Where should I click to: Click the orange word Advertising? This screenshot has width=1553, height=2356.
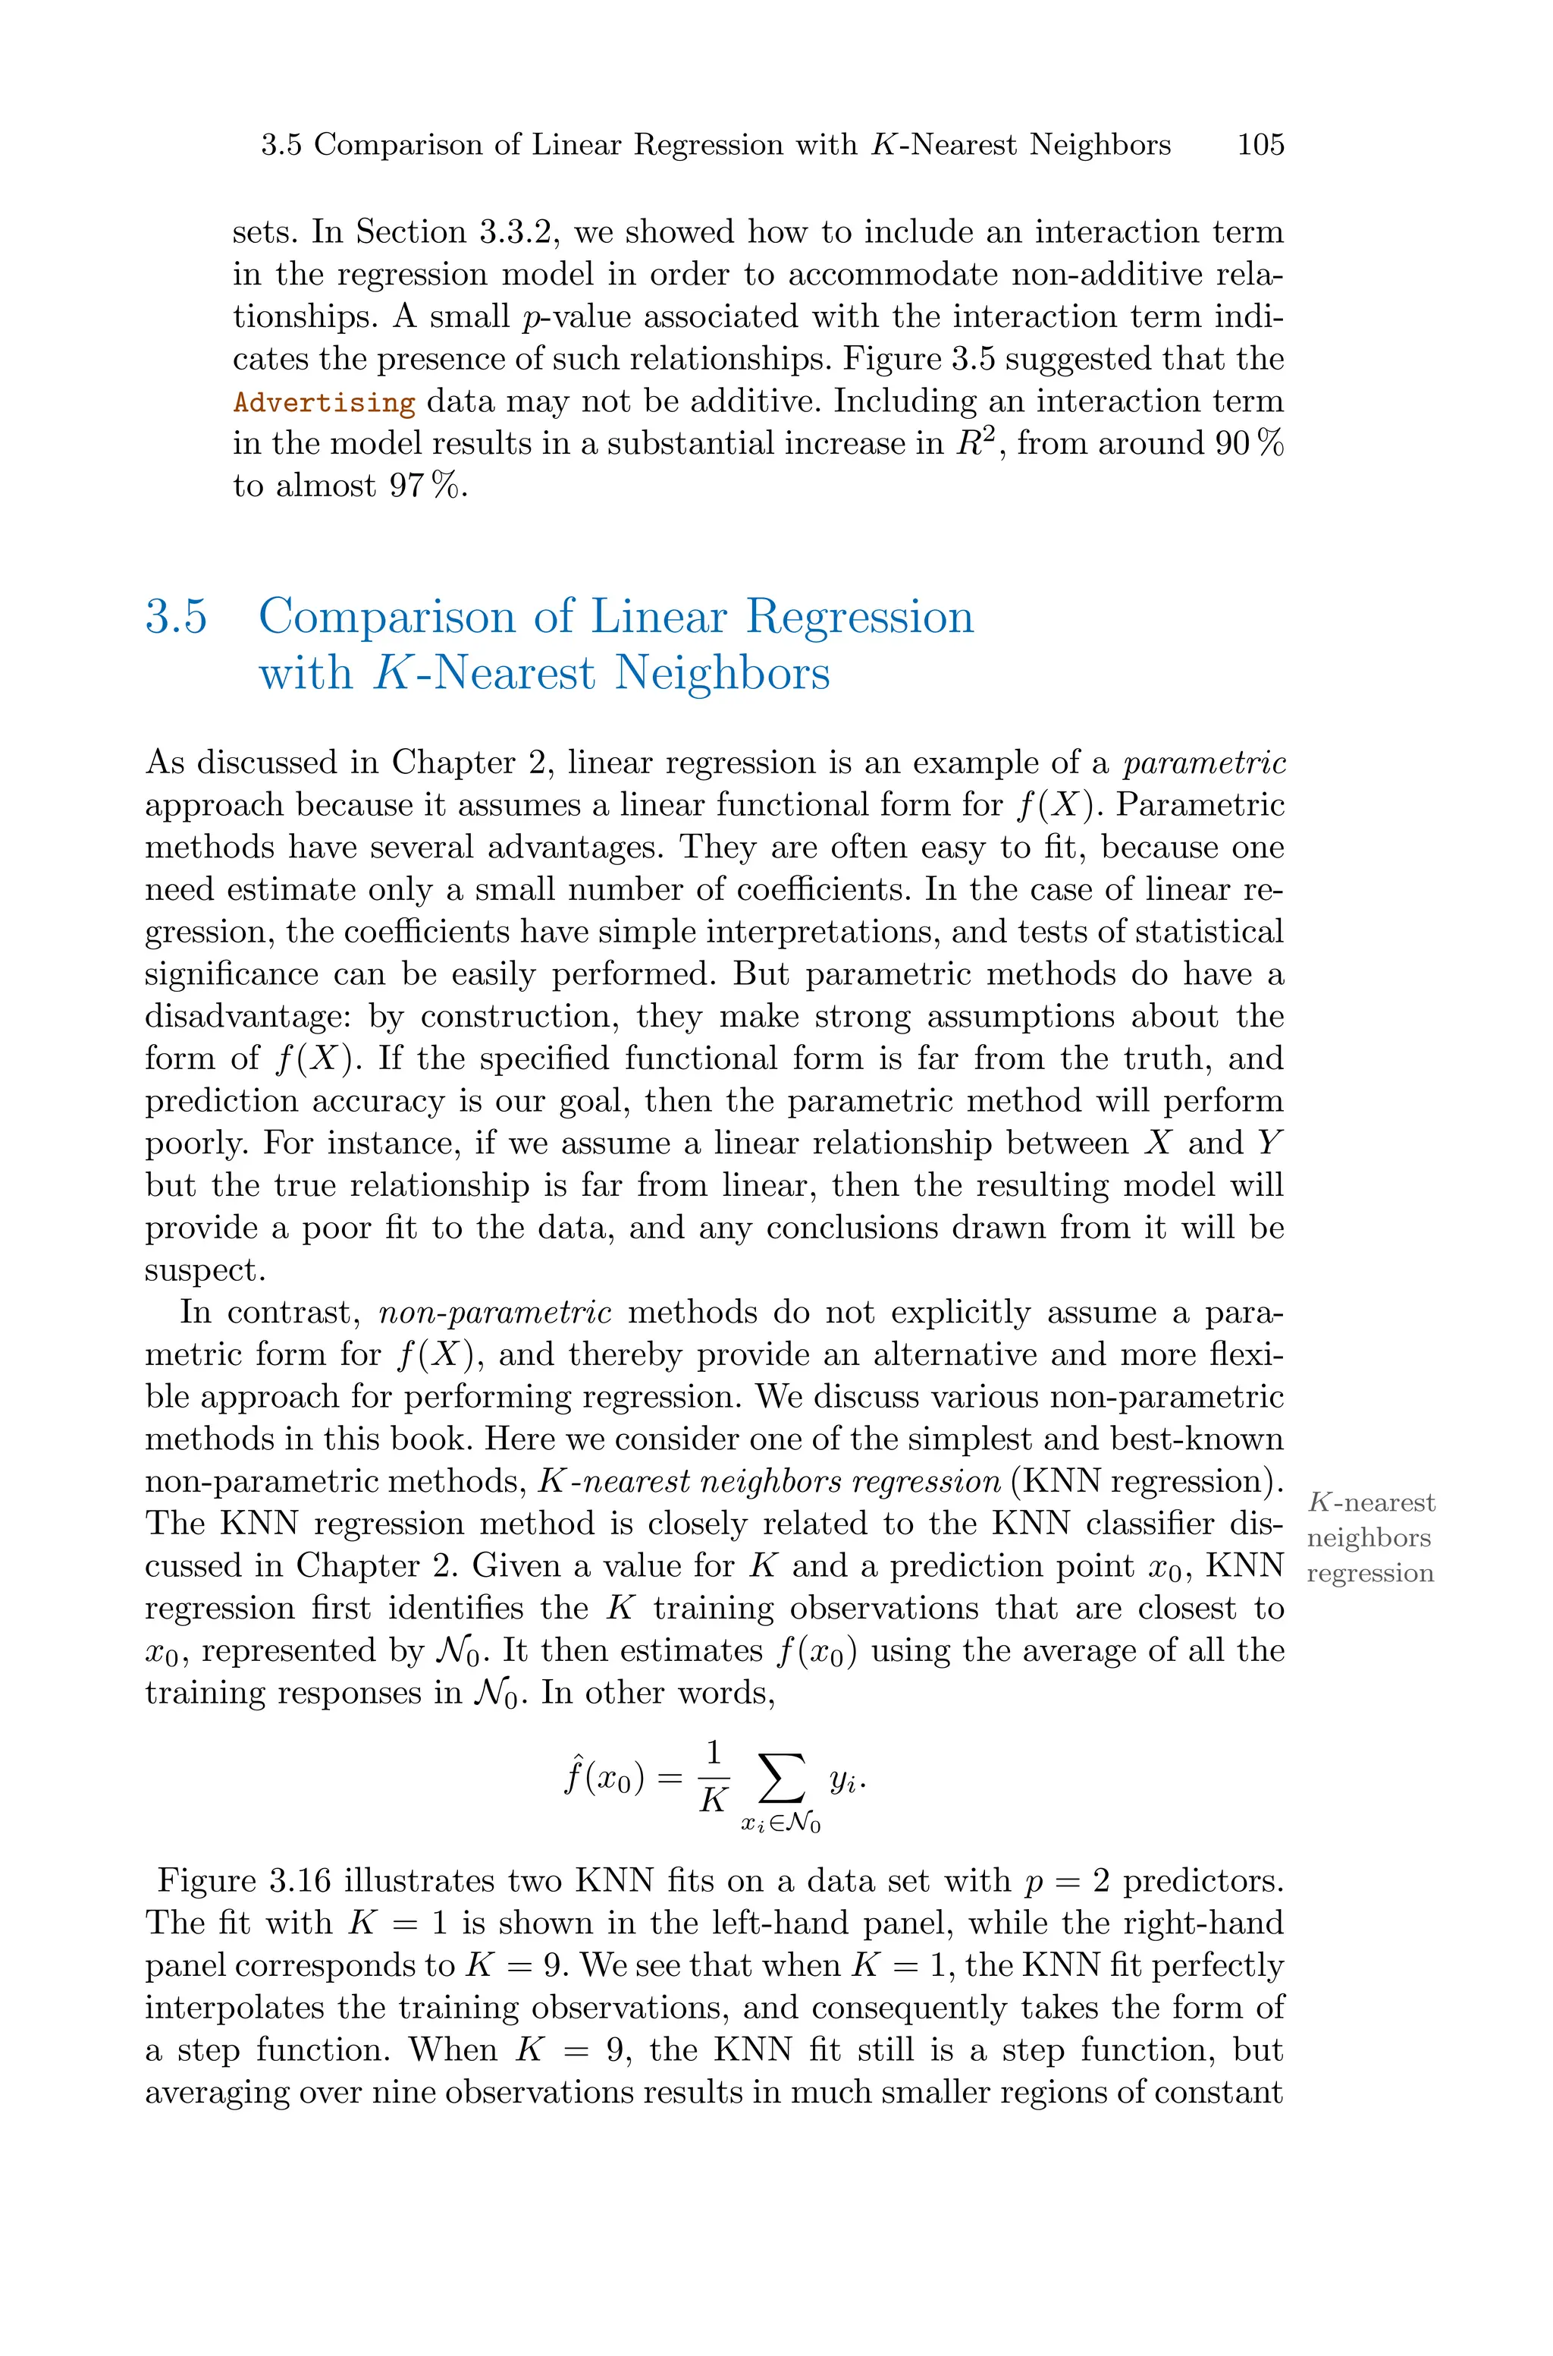pos(324,402)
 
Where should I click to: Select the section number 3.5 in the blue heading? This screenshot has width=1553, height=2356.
pos(176,617)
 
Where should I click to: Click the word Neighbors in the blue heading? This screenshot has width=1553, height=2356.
pos(721,674)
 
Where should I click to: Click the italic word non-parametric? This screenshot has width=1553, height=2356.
pos(495,1313)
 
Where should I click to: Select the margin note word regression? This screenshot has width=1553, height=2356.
pos(1369,1573)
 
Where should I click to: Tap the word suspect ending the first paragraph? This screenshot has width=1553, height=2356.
pos(202,1271)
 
